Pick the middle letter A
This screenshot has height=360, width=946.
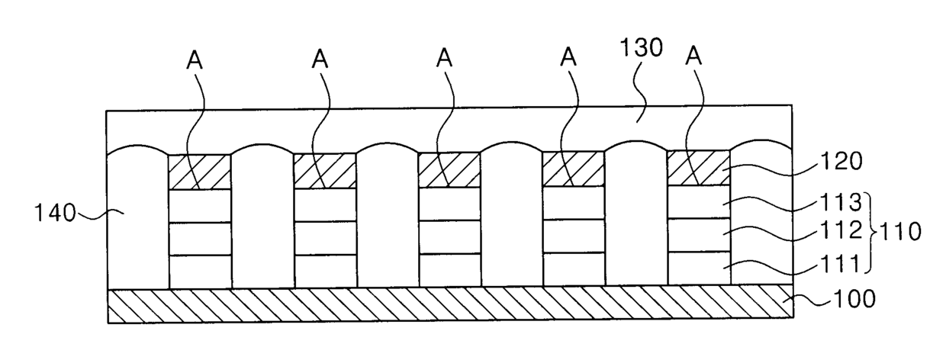pyautogui.click(x=446, y=59)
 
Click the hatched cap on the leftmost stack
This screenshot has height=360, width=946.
pyautogui.click(x=198, y=172)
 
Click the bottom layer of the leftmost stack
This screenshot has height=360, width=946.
pyautogui.click(x=198, y=272)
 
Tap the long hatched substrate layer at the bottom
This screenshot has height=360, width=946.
pyautogui.click(x=450, y=306)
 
